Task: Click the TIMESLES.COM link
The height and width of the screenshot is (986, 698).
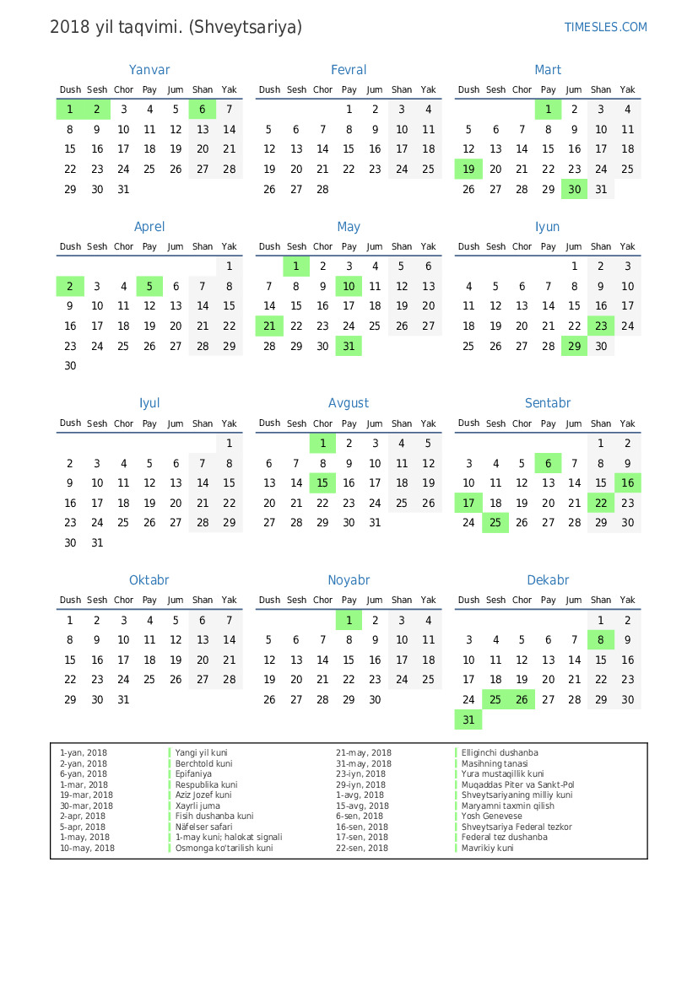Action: [x=605, y=27]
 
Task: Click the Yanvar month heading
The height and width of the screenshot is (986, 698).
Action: [x=149, y=70]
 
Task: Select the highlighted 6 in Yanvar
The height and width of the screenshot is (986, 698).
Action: [x=203, y=109]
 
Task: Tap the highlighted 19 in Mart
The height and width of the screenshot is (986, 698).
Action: [x=468, y=170]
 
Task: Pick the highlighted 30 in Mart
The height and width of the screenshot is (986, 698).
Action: [x=575, y=190]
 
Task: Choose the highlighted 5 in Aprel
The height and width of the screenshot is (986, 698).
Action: [x=149, y=286]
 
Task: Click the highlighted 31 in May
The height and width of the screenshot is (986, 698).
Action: [x=349, y=347]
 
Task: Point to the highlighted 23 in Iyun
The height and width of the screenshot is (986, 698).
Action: [x=601, y=326]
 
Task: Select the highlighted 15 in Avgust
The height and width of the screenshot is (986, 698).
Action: [x=322, y=483]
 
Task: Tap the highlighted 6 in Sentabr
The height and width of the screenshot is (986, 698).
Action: [x=549, y=463]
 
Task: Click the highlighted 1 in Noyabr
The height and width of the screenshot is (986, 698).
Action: [x=349, y=621]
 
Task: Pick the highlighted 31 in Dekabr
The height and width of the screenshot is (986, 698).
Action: [x=468, y=719]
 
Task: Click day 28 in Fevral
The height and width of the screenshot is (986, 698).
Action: [x=322, y=190]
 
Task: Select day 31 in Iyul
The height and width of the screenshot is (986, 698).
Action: [x=97, y=543]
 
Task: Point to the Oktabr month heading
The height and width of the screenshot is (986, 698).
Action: [x=149, y=580]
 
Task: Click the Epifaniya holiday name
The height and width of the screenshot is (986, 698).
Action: [x=193, y=774]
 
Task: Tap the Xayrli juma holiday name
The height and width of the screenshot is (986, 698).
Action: [x=197, y=806]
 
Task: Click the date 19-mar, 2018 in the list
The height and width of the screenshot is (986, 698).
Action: [x=86, y=795]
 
